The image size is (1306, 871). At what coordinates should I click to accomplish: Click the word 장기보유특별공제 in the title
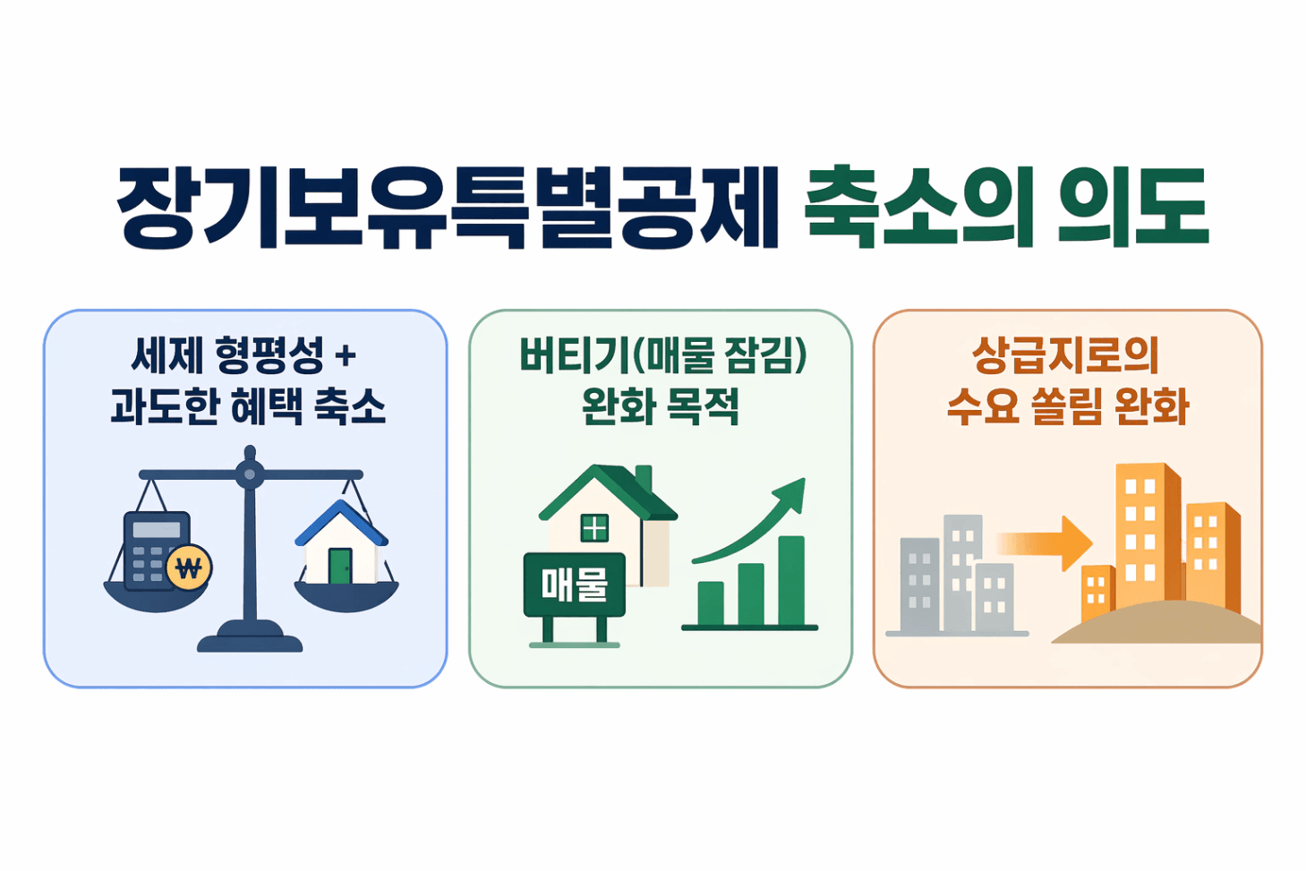pyautogui.click(x=448, y=208)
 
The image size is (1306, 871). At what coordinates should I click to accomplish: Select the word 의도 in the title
pyautogui.click(x=1133, y=207)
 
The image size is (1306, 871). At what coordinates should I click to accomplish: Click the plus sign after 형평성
pyautogui.click(x=346, y=355)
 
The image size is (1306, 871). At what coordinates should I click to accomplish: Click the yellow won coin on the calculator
pyautogui.click(x=189, y=568)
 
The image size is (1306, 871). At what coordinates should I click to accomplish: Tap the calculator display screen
pyautogui.click(x=157, y=529)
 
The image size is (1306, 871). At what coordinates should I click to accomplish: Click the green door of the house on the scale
pyautogui.click(x=340, y=566)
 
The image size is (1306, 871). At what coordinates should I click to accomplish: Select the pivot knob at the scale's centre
pyautogui.click(x=250, y=474)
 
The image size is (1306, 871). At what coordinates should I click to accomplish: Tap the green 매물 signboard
pyautogui.click(x=575, y=585)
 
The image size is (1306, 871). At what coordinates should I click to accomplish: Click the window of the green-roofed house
pyautogui.click(x=594, y=528)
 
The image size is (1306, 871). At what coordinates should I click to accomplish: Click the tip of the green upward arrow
pyautogui.click(x=805, y=479)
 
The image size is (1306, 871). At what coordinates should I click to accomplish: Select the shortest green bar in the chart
pyautogui.click(x=710, y=603)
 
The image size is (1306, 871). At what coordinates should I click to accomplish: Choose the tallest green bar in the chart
pyautogui.click(x=791, y=581)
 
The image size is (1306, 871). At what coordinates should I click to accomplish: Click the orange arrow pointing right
pyautogui.click(x=1044, y=543)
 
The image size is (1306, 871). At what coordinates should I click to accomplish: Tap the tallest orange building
pyautogui.click(x=1148, y=535)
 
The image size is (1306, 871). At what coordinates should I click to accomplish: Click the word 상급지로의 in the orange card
pyautogui.click(x=1065, y=355)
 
